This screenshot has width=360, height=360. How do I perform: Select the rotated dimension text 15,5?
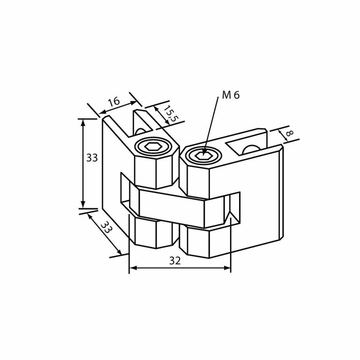(x=169, y=114)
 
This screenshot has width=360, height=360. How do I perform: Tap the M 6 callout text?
(x=230, y=95)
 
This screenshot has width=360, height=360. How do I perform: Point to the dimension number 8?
(x=289, y=134)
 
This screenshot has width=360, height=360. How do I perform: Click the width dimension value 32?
(x=175, y=261)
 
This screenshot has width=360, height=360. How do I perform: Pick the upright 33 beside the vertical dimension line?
(x=92, y=158)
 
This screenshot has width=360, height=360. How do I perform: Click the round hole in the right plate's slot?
(x=251, y=149)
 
